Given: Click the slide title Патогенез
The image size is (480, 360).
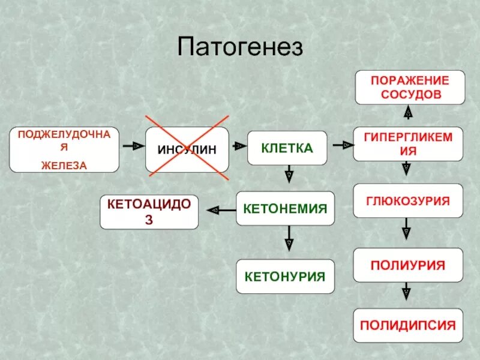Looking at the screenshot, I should coord(240,47).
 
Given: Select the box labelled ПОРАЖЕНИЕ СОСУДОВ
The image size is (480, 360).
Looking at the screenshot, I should coord(410,87).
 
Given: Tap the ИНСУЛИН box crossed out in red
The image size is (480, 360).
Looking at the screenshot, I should coord(187,149).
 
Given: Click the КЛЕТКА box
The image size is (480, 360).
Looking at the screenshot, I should coord(287,148).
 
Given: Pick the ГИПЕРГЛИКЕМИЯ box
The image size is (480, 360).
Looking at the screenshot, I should coord(408,144).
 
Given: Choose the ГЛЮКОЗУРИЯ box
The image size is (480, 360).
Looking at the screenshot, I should coord(408,200).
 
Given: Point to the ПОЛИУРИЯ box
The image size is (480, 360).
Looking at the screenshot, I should coord(408,265).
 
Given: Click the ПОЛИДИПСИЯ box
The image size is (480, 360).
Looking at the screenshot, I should coord(408,326).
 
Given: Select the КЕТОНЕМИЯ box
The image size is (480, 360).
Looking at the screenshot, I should coord(285,208).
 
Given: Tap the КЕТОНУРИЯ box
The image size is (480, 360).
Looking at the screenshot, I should coord(285,277).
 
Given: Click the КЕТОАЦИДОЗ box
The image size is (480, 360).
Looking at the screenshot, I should coord(149,212).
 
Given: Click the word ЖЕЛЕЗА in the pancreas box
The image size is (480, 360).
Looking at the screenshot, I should coord(64,164).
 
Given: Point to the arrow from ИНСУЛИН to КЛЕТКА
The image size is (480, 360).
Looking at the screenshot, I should coord(238,146).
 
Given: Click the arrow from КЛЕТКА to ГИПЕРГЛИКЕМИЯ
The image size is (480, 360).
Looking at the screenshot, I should coord(341,145).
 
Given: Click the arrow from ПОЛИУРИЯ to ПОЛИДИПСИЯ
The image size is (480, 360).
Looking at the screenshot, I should coord(407,292).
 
